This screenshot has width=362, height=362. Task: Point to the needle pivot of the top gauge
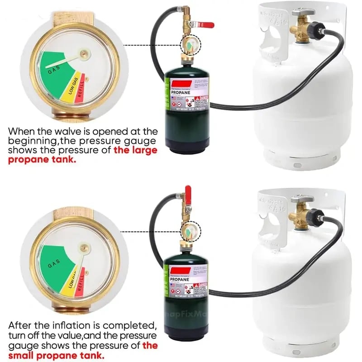click(83, 54)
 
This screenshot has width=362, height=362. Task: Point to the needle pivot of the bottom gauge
click(84, 248)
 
